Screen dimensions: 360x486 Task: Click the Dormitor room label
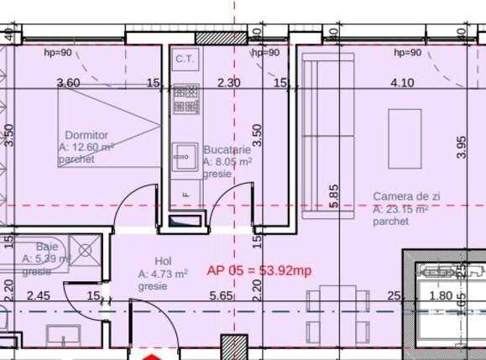[x=86, y=134]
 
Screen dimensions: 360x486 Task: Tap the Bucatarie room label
[x=227, y=150]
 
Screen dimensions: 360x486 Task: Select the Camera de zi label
[x=406, y=196]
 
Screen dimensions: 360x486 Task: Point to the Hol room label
[x=163, y=261]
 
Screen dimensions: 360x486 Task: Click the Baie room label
[x=34, y=248]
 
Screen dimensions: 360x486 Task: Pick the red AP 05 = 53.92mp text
[x=259, y=270]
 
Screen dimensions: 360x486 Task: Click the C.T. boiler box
[x=184, y=59]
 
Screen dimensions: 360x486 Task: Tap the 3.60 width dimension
[x=68, y=82]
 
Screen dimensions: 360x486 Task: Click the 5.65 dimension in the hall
[x=220, y=295]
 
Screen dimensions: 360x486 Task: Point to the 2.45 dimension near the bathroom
[x=39, y=295]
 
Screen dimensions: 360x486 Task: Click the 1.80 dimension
[x=440, y=295]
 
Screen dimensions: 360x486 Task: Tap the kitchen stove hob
[x=182, y=102]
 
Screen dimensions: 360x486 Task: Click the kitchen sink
[x=183, y=155]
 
